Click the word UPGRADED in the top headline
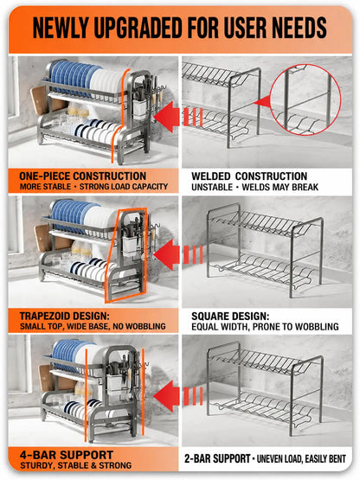[138, 28]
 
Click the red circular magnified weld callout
[305, 99]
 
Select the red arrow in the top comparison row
[177, 117]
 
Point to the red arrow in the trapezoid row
[177, 254]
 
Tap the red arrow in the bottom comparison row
[177, 396]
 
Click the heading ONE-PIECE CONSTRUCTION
[83, 176]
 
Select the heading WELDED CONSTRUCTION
[249, 176]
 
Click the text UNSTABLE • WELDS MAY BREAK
[255, 187]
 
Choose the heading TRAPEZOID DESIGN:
[64, 316]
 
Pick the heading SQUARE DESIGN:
[230, 317]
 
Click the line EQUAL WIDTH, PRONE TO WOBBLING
[265, 327]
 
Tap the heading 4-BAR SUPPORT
[67, 455]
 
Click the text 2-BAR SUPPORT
[217, 458]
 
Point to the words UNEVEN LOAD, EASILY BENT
[301, 459]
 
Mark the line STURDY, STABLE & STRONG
[75, 465]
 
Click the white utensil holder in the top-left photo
[139, 108]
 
